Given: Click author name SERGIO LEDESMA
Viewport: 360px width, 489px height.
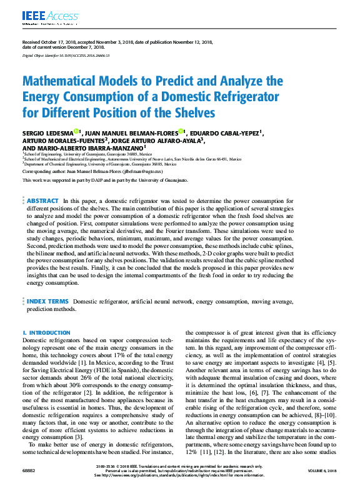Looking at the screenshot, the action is point(47,133).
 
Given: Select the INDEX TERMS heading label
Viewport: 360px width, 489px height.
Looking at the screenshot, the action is point(47,301).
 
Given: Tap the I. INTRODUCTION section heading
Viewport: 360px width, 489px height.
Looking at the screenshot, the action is point(46,333).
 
